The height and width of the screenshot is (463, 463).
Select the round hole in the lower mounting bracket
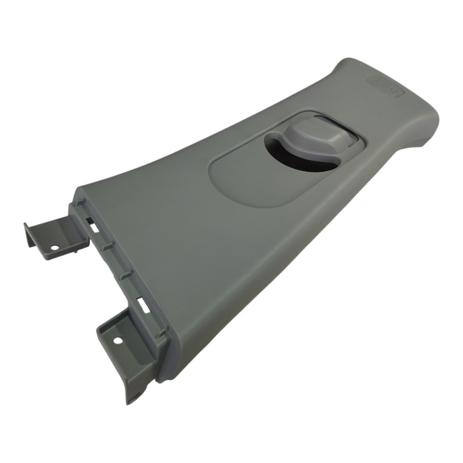(x=118, y=340)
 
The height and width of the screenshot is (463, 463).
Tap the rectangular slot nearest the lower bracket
(x=143, y=304)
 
